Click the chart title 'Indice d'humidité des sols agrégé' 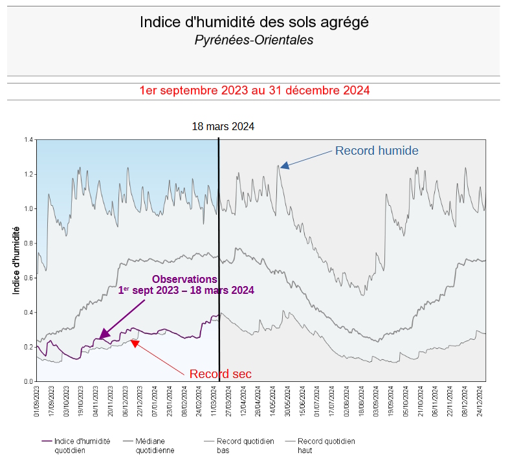254,22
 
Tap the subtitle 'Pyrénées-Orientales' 254,40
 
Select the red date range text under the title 254,91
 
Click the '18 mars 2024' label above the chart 223,126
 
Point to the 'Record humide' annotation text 377,151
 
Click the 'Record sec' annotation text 220,373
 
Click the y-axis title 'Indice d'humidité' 17,260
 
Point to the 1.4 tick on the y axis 28,139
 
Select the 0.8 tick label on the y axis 28,243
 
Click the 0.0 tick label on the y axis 28,381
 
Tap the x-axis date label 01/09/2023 38,401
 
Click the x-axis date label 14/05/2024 273,401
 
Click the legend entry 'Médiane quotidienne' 155,445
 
